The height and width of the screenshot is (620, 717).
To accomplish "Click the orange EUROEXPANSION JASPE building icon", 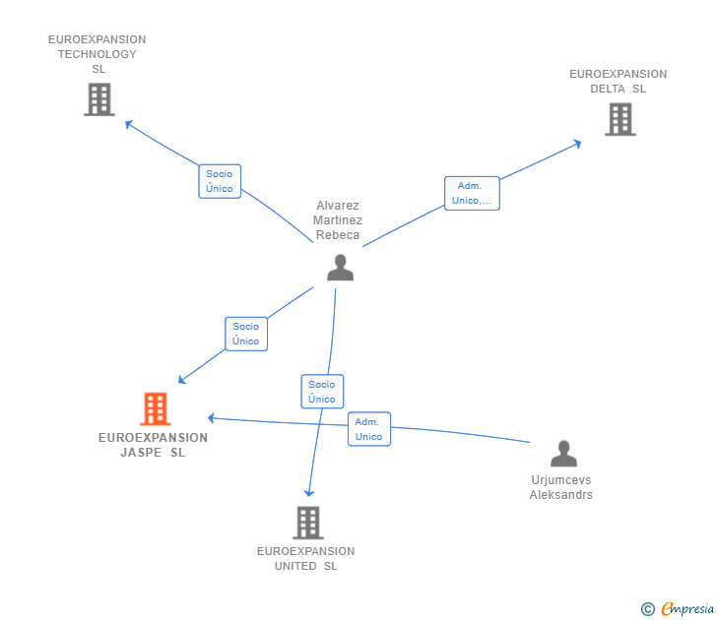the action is pyautogui.click(x=156, y=409).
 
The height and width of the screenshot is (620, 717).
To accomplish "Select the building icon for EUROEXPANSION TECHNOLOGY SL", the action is pyautogui.click(x=99, y=99).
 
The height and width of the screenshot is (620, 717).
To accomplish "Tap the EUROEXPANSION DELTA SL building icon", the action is pyautogui.click(x=620, y=119).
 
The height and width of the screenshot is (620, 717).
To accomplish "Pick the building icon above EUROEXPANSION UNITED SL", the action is pyautogui.click(x=308, y=523).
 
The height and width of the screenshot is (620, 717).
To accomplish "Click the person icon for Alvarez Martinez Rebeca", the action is pyautogui.click(x=340, y=268).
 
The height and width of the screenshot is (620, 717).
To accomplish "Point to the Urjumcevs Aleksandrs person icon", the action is pyautogui.click(x=563, y=454).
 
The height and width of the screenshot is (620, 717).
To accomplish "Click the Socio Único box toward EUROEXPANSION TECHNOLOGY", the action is pyautogui.click(x=220, y=181).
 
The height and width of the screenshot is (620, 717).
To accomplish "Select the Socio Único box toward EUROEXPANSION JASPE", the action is pyautogui.click(x=246, y=334).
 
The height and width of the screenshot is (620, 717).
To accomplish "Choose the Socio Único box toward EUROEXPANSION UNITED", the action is pyautogui.click(x=322, y=392).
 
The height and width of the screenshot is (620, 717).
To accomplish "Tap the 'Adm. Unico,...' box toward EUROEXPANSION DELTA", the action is pyautogui.click(x=472, y=193).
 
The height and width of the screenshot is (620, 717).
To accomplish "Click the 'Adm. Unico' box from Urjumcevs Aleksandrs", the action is pyautogui.click(x=369, y=429).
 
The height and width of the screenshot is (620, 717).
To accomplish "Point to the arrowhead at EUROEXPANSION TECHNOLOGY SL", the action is pyautogui.click(x=128, y=123).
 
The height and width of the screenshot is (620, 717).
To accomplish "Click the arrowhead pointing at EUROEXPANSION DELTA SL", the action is pyautogui.click(x=577, y=144).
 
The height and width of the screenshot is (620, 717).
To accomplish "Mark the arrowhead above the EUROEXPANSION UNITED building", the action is pyautogui.click(x=309, y=493).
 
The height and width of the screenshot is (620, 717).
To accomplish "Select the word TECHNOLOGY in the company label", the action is pyautogui.click(x=98, y=54).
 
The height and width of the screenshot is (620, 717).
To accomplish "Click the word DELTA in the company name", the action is pyautogui.click(x=608, y=89).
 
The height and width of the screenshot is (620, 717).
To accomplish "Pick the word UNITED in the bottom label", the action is pyautogui.click(x=295, y=566).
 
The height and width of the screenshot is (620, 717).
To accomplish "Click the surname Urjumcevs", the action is pyautogui.click(x=561, y=479).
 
